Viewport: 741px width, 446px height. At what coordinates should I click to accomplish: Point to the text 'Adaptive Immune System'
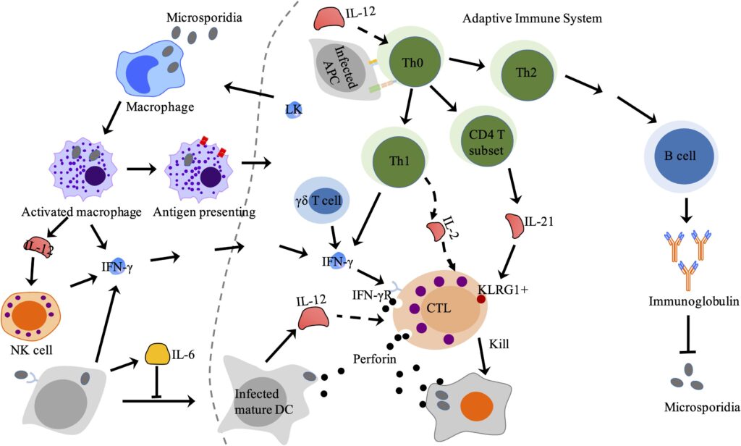tap(532, 18)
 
